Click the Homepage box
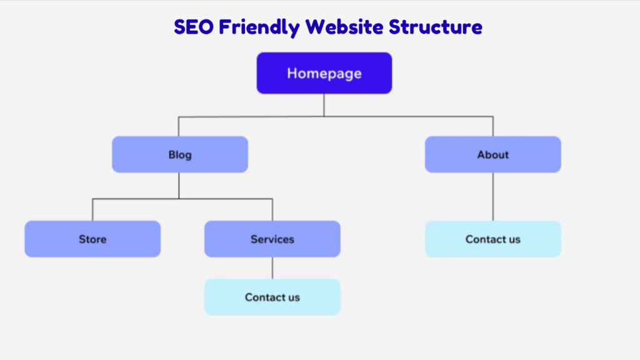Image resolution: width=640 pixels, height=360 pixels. pyautogui.click(x=324, y=73)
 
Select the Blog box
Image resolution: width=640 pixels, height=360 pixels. pyautogui.click(x=180, y=154)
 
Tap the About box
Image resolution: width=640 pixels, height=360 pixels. pyautogui.click(x=492, y=154)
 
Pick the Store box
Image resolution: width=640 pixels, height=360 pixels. pyautogui.click(x=92, y=239)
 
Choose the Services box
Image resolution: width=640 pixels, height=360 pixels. pyautogui.click(x=272, y=239)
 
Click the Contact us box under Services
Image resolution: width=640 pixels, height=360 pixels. pyautogui.click(x=272, y=297)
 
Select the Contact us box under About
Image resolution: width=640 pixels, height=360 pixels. pyautogui.click(x=492, y=239)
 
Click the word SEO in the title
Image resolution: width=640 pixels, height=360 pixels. pyautogui.click(x=194, y=27)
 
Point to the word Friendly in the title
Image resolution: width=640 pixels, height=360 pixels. pyautogui.click(x=259, y=27)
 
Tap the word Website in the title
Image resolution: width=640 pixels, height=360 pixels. pyautogui.click(x=344, y=27)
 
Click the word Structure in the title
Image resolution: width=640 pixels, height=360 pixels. pyautogui.click(x=436, y=27)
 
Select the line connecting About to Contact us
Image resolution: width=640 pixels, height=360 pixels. pyautogui.click(x=493, y=197)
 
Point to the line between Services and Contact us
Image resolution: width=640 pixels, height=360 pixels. pyautogui.click(x=272, y=267)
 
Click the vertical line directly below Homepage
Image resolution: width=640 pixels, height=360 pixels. pyautogui.click(x=324, y=105)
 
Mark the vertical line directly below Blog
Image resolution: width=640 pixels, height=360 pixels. pyautogui.click(x=179, y=186)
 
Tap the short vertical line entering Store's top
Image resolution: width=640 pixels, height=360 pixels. pyautogui.click(x=92, y=210)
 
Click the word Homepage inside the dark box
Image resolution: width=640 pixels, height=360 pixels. pyautogui.click(x=324, y=74)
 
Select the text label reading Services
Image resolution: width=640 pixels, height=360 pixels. pyautogui.click(x=272, y=239)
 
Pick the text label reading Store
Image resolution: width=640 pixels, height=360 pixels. pyautogui.click(x=92, y=239)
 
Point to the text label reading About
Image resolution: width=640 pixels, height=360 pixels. pyautogui.click(x=493, y=155)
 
